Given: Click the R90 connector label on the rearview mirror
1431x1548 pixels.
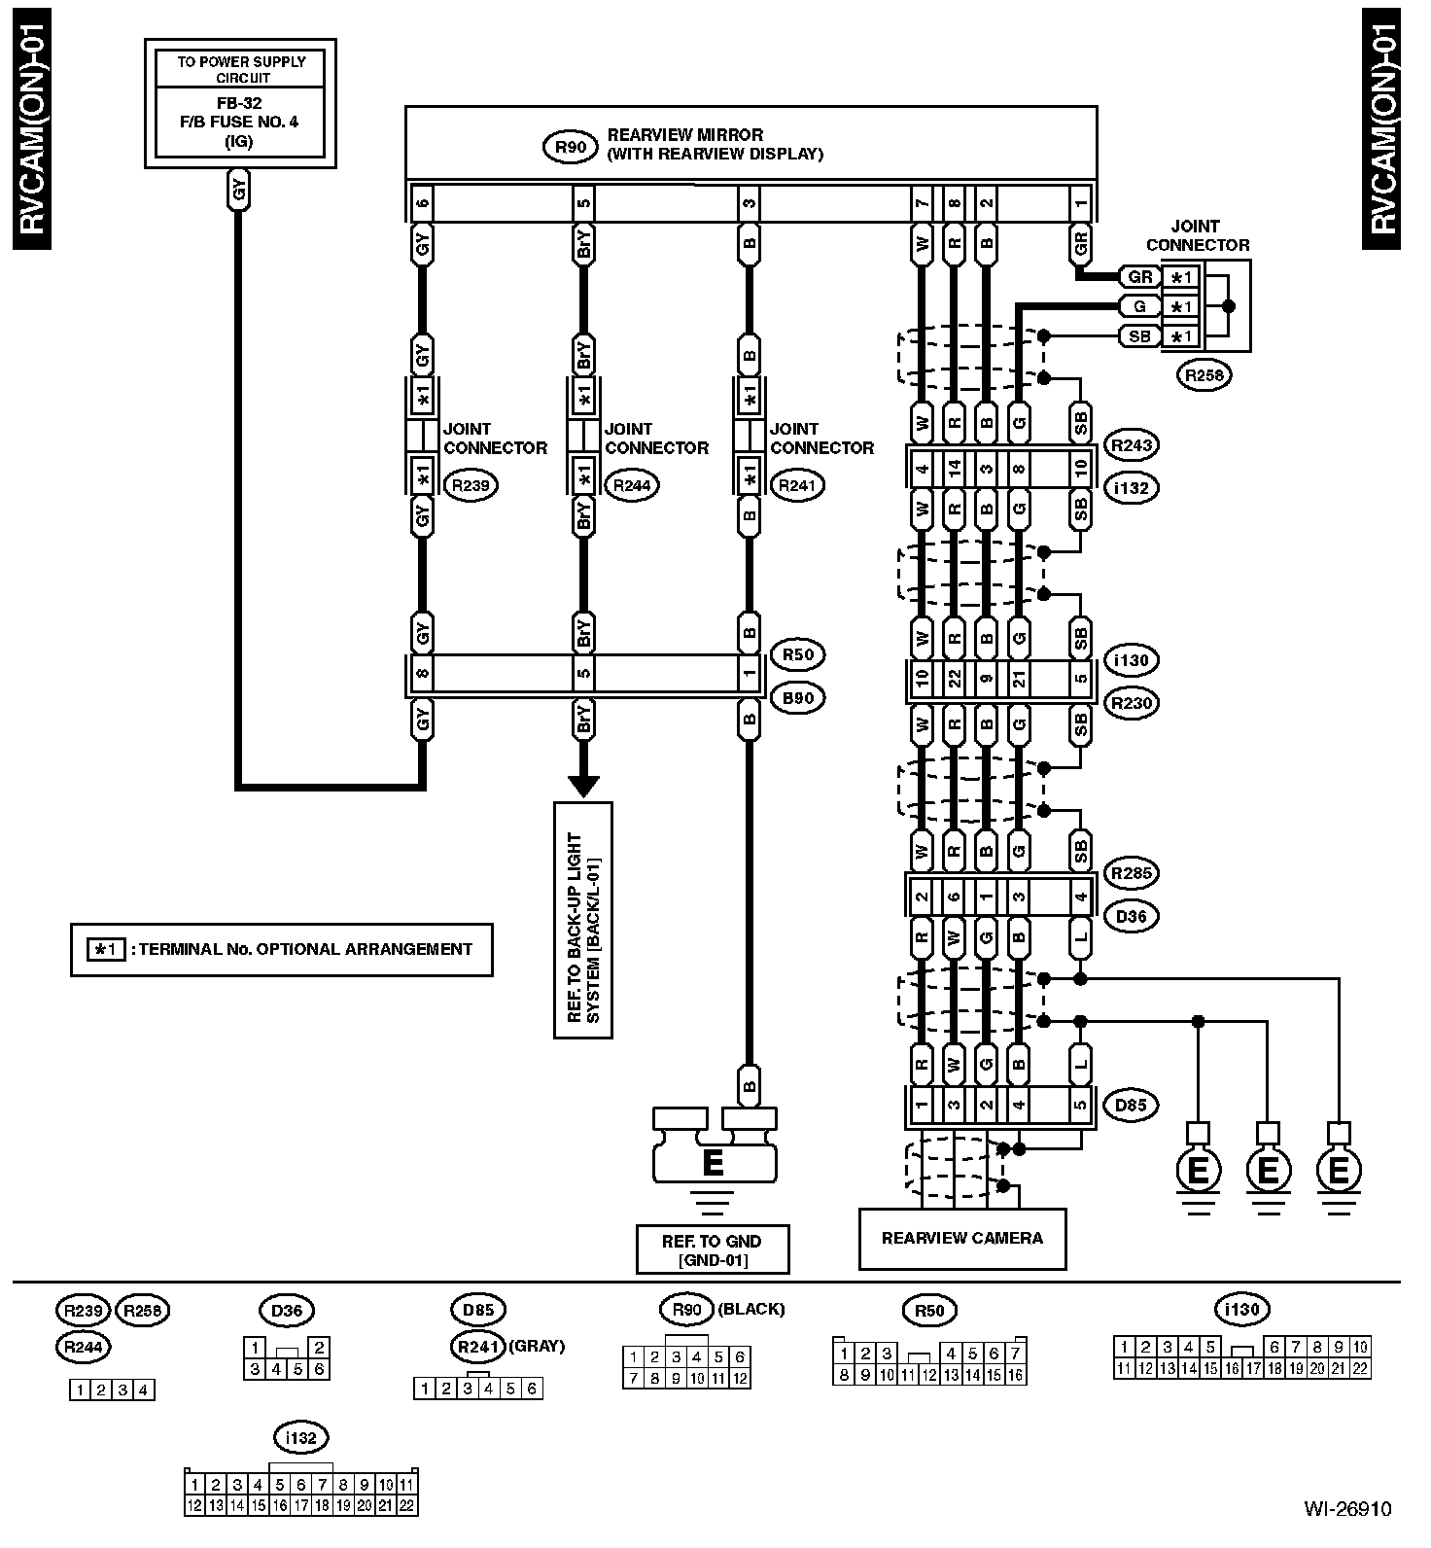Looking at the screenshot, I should [570, 146].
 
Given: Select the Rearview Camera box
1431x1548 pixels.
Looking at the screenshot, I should [961, 1238].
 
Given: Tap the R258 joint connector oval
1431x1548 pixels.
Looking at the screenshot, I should [1204, 375].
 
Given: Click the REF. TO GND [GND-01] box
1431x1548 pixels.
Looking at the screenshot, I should [712, 1249].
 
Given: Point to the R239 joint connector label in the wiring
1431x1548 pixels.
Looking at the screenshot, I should [470, 485].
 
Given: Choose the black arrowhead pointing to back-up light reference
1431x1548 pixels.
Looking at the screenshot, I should [583, 785].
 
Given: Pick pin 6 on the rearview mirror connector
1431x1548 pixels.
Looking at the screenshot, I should [422, 204].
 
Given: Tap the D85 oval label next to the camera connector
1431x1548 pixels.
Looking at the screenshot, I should [1130, 1105].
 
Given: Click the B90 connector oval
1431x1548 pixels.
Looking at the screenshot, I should [797, 698].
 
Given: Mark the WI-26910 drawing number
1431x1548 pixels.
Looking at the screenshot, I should [1347, 1509].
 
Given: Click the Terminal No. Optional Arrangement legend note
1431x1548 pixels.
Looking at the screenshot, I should [282, 949].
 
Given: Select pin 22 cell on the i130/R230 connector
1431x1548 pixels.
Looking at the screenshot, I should [954, 679].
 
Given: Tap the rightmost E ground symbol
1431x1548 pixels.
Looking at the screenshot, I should [1338, 1171].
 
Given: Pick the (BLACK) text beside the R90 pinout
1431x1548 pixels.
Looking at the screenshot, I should [750, 1309].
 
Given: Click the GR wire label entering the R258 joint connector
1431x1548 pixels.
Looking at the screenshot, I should [1139, 277].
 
